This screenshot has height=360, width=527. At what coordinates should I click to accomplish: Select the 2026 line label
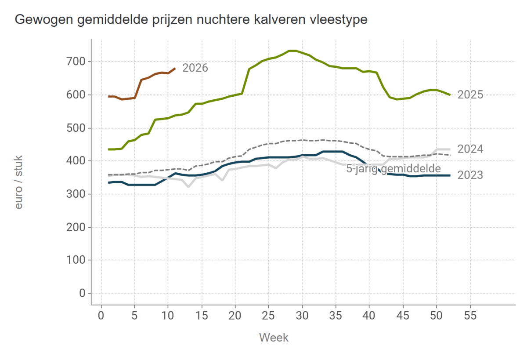[195, 68]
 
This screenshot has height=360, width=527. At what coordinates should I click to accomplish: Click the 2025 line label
[470, 95]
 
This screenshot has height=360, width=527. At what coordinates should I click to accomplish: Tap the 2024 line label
[470, 149]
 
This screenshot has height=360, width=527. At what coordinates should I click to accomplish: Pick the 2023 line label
[470, 175]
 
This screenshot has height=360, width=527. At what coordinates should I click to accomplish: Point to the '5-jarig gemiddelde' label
[393, 169]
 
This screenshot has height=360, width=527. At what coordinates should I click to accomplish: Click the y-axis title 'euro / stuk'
[18, 182]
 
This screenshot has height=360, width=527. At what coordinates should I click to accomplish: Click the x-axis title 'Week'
[274, 338]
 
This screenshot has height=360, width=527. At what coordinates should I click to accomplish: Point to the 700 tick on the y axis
[76, 62]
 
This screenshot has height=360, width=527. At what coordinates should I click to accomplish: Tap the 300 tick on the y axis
[76, 194]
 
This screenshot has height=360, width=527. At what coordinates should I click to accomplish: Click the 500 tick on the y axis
[76, 128]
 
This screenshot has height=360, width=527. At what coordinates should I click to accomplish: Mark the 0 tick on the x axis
[101, 316]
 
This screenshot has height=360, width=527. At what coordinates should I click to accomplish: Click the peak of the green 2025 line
[292, 51]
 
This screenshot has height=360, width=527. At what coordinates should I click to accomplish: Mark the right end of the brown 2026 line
[175, 68]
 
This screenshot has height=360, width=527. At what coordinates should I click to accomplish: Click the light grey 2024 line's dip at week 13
[188, 186]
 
